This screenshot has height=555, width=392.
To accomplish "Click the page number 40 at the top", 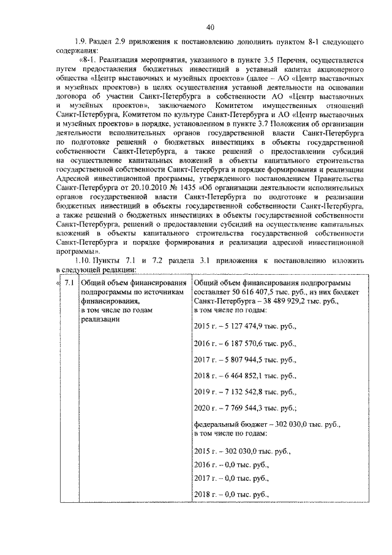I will [210, 26].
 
